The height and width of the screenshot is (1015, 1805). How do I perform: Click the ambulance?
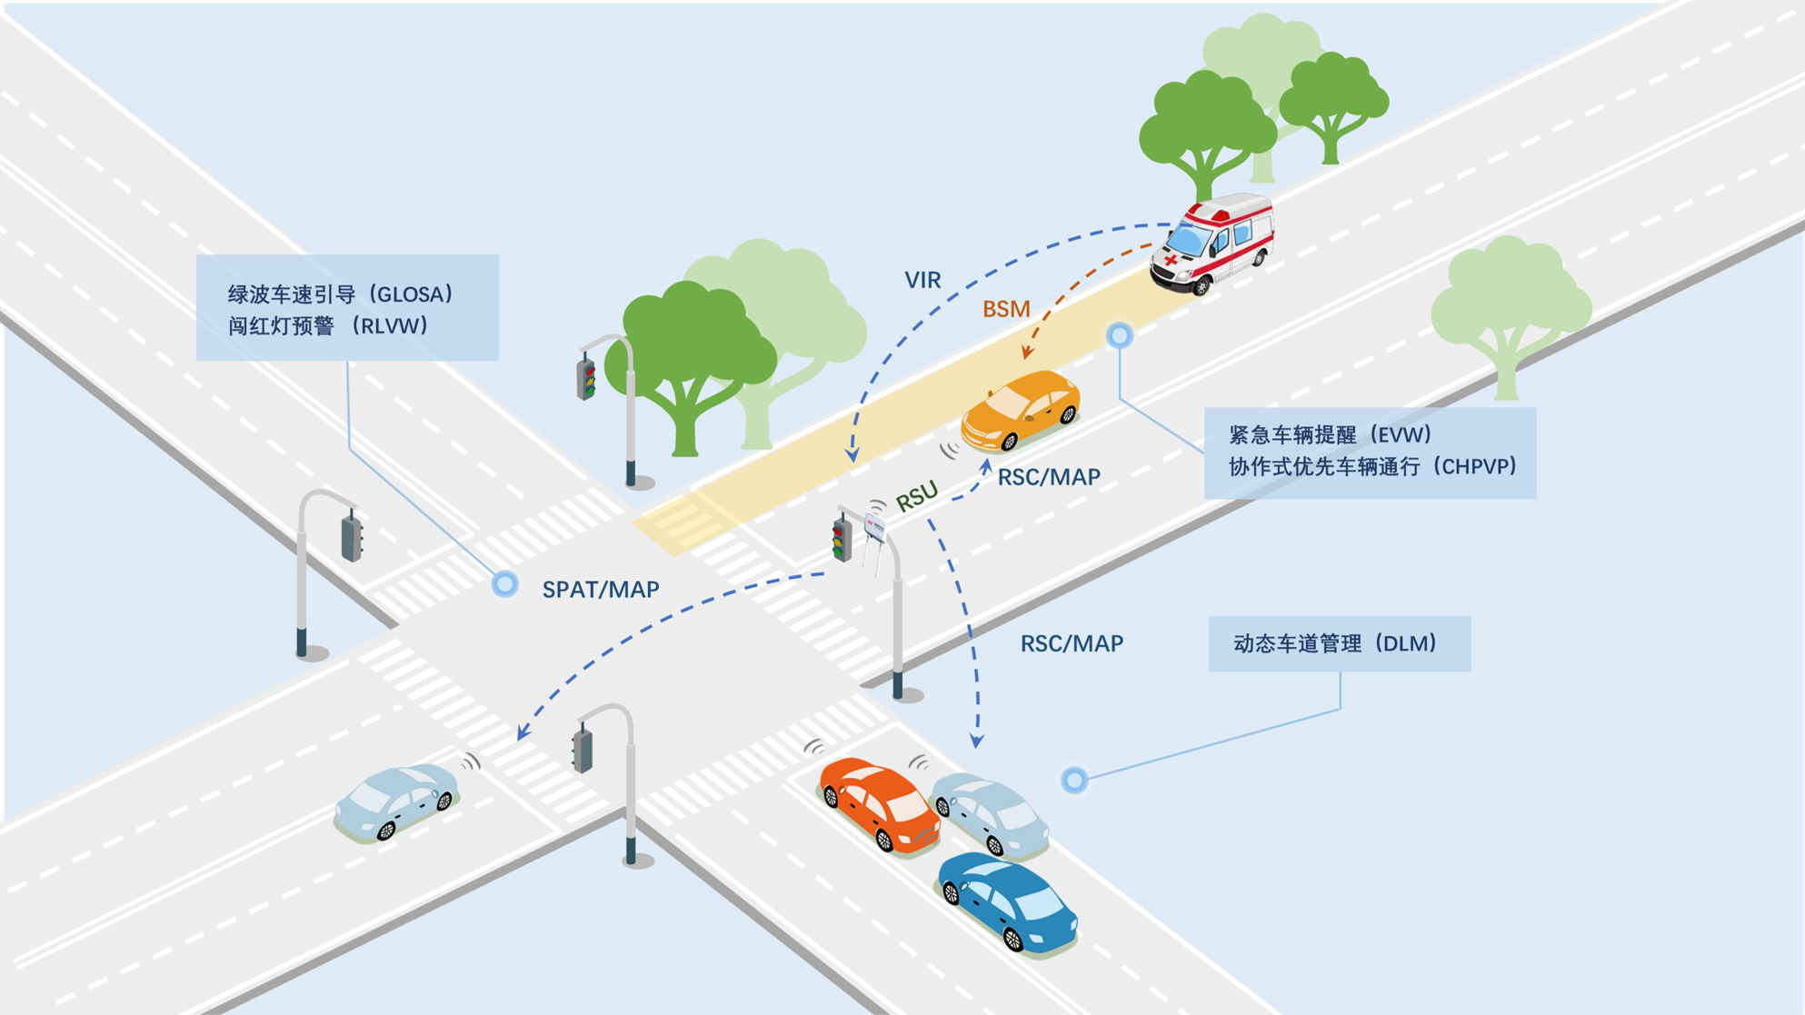tap(1212, 244)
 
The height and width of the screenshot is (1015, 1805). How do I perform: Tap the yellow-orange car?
tap(1021, 411)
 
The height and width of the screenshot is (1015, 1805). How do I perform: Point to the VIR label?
tap(922, 281)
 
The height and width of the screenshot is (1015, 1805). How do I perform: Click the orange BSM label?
tap(1006, 310)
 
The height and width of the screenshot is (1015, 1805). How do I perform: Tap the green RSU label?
tap(916, 496)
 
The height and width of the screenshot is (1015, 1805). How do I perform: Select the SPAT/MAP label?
tap(601, 590)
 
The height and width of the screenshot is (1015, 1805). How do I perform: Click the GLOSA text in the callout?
tap(413, 294)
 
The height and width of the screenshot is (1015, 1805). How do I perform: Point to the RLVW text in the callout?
tap(394, 326)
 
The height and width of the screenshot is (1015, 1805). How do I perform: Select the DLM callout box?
tap(1339, 644)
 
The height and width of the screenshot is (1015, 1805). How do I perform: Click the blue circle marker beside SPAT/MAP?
tap(505, 584)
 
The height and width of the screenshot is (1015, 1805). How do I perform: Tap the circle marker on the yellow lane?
tap(1120, 336)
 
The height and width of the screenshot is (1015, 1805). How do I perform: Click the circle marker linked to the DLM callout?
tap(1074, 780)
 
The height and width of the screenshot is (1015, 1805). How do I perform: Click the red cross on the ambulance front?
tap(1171, 261)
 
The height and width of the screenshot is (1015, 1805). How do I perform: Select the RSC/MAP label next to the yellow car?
tap(1049, 477)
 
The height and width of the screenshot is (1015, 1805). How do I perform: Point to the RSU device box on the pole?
tap(874, 528)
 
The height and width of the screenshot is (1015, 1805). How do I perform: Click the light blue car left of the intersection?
tap(397, 800)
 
